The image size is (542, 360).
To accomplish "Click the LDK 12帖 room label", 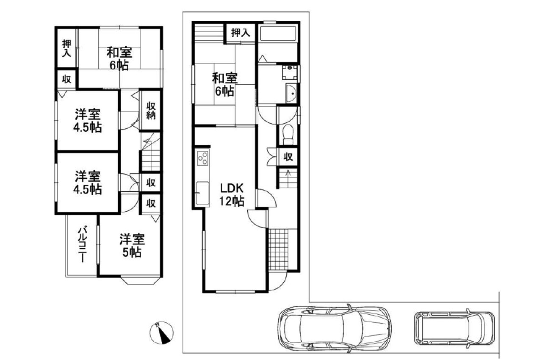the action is click(232, 194).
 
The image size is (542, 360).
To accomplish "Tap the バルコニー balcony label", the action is click(82, 244).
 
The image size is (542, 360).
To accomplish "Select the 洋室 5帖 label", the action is click(132, 245).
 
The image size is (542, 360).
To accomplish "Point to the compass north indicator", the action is click(162, 332).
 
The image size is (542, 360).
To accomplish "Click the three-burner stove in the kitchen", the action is click(202, 158).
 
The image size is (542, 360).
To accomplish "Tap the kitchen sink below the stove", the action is click(202, 193).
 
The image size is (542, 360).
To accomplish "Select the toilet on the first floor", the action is click(288, 135).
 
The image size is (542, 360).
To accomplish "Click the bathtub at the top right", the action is click(278, 33).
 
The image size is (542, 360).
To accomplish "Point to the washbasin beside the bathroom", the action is click(291, 93).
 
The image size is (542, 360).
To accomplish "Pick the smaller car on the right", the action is click(454, 328).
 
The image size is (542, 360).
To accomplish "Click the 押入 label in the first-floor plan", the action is click(241, 33).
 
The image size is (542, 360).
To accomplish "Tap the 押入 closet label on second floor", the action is click(66, 48).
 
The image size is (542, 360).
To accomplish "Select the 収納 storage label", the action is click(151, 111).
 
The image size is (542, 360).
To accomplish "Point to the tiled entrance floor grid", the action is click(279, 249).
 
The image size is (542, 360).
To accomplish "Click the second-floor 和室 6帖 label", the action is click(119, 59).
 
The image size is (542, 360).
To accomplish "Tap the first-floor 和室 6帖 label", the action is click(225, 84).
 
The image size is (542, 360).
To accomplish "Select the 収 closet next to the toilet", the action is click(288, 157).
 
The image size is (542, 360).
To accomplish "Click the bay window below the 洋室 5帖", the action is click(141, 280).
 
